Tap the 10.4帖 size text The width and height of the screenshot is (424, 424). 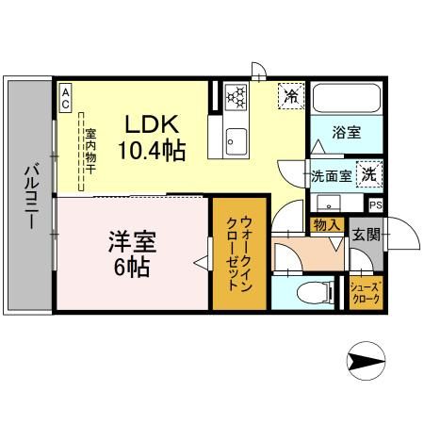tap(152, 149)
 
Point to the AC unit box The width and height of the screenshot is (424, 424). tap(66, 98)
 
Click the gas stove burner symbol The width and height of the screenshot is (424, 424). tap(236, 95)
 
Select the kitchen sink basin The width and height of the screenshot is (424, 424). tap(235, 142)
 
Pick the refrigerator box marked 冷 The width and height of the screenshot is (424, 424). tap(291, 94)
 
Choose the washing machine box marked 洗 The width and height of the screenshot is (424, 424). tap(371, 173)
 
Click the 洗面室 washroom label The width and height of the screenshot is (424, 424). tap(332, 176)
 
